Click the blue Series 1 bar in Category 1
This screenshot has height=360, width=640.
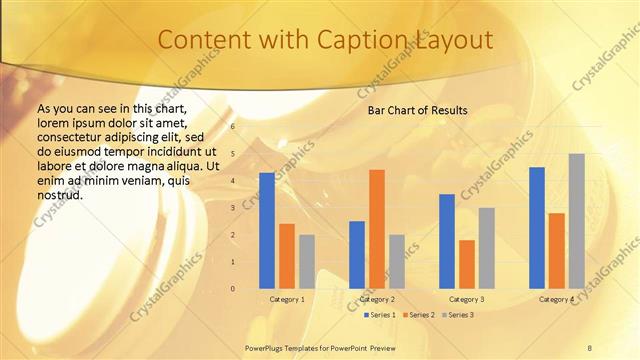coord(266,231)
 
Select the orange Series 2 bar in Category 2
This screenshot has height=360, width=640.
coord(376,229)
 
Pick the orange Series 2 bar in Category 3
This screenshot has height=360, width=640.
coord(467,264)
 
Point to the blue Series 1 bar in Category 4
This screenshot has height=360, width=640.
coord(537,228)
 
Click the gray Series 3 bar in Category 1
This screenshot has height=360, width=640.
coord(306,262)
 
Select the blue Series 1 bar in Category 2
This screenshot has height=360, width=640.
coord(357,255)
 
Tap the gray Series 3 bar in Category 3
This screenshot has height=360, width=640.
coord(486,248)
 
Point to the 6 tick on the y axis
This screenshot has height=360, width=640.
coord(233,127)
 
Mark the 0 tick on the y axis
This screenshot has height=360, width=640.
coord(233,289)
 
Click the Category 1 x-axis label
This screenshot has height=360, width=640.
coord(287,299)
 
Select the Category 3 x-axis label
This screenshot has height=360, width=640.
coord(467,299)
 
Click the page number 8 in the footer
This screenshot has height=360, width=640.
coord(589,347)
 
